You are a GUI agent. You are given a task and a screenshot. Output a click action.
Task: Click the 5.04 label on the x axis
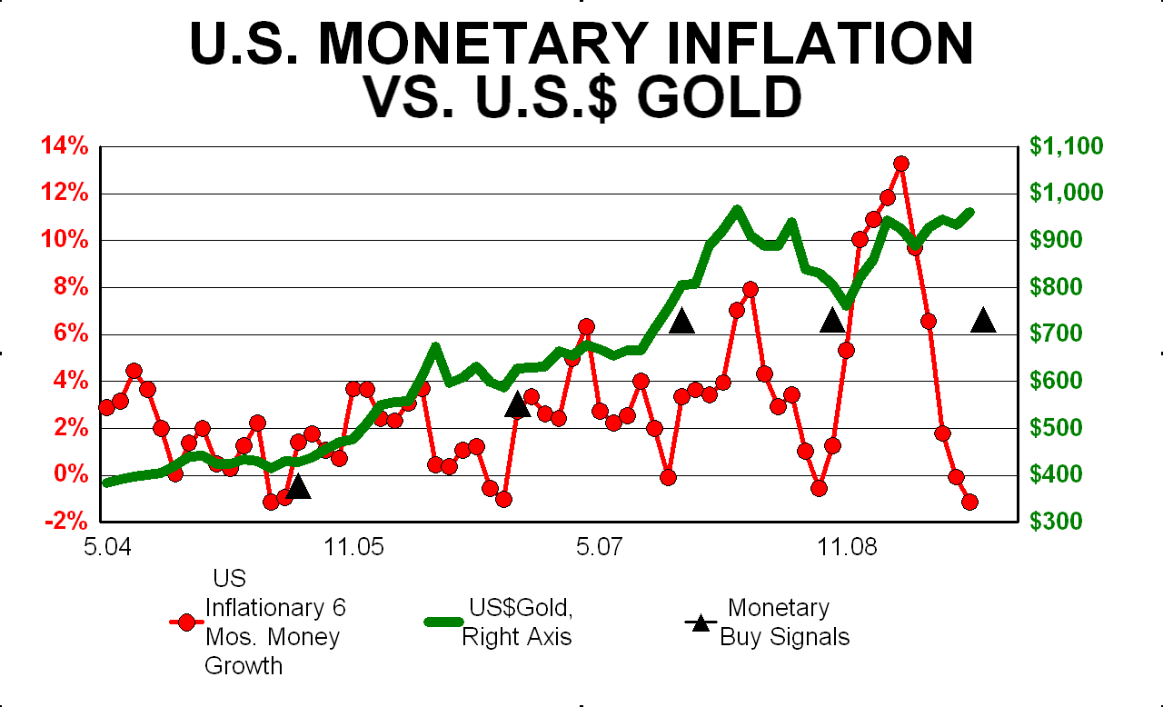pos(107,549)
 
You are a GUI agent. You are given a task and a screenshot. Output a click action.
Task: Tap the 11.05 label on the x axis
pos(353,549)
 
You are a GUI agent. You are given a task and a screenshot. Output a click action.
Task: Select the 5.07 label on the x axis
pos(600,549)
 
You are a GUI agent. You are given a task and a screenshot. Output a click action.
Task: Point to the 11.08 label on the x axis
pos(846,549)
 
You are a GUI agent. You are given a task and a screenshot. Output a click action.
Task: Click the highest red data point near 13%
pos(901,164)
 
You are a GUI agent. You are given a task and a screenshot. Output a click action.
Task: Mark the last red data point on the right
pos(969,502)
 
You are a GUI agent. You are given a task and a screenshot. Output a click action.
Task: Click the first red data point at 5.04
pos(106,406)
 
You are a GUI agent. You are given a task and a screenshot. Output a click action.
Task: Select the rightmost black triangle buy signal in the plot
pos(983,321)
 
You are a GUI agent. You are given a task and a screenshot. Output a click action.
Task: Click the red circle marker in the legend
pos(187,622)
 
